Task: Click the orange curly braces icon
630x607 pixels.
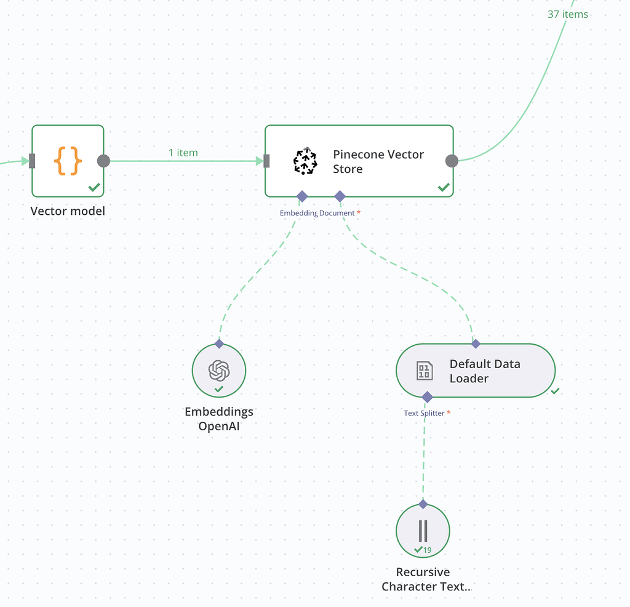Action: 68,161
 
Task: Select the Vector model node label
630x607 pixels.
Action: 68,211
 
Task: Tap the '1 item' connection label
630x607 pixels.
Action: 183,153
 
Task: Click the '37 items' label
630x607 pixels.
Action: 567,14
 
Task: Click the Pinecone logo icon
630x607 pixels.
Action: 305,161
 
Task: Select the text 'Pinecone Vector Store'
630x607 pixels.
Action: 378,162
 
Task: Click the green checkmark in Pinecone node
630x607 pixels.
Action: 443,187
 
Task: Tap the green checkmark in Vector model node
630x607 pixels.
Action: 94,187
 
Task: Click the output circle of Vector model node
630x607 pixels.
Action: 103,161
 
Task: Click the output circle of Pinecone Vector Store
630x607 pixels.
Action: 452,161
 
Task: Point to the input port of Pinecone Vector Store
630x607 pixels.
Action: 266,161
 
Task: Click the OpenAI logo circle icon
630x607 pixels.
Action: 219,370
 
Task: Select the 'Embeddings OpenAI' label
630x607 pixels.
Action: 219,419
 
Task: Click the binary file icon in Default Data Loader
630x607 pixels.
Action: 425,371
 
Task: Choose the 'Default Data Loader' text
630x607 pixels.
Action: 484,371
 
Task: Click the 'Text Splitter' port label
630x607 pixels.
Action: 424,413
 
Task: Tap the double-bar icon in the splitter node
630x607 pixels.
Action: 423,530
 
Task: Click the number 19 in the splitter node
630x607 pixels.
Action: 428,550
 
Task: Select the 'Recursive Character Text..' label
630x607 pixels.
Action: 425,579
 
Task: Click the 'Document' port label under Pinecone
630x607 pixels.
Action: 337,213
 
